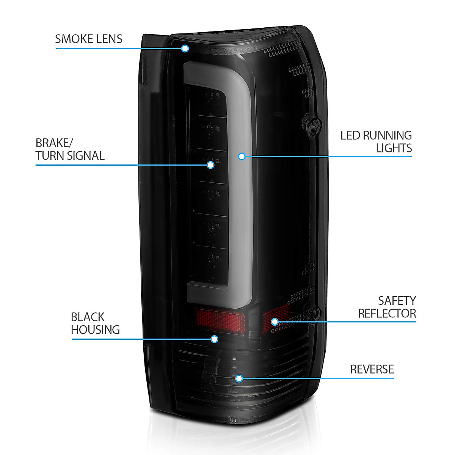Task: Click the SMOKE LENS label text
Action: tap(89, 39)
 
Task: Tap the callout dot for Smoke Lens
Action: tap(185, 49)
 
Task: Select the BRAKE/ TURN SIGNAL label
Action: tap(70, 149)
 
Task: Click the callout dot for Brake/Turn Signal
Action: tap(210, 165)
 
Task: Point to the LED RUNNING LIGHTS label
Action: tap(376, 141)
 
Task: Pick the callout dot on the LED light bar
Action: tap(242, 156)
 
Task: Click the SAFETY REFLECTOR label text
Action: tap(387, 307)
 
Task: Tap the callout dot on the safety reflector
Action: tap(275, 322)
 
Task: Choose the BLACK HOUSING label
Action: tap(95, 323)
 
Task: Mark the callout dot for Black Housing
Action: tap(215, 339)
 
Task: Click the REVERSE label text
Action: tap(372, 369)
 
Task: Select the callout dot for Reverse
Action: tap(239, 378)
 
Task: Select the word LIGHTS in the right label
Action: tap(394, 148)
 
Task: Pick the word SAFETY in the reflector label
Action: tap(397, 301)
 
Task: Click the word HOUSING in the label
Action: tap(95, 329)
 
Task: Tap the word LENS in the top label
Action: tap(108, 39)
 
